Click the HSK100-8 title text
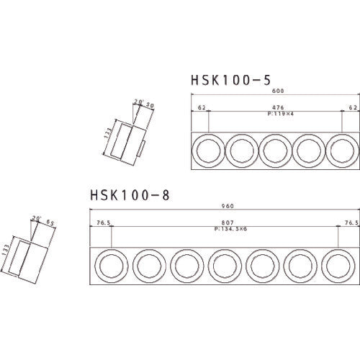click(130, 194)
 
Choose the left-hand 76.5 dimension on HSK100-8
click(103, 222)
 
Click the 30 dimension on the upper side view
click(150, 105)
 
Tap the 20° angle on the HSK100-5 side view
click(137, 102)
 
